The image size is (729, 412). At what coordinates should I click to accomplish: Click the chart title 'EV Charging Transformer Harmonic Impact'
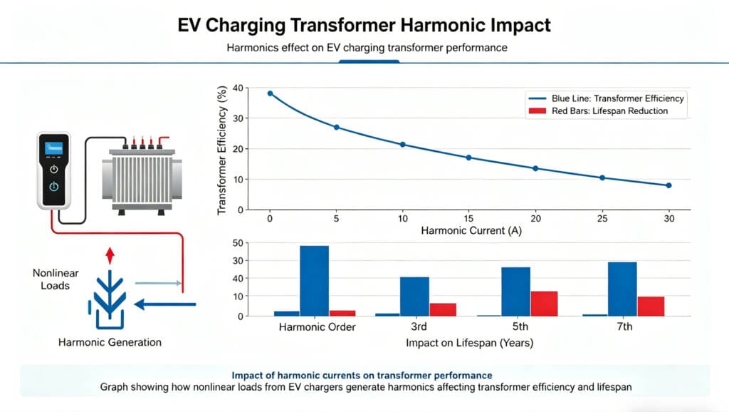click(x=364, y=25)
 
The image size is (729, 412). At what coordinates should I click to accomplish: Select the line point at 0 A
click(x=270, y=93)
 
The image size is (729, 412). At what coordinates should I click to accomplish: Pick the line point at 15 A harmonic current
click(x=468, y=158)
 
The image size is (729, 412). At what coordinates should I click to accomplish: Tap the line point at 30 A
click(x=668, y=185)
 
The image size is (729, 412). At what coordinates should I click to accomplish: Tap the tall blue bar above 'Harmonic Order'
click(x=314, y=280)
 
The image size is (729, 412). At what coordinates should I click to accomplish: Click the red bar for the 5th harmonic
click(x=544, y=303)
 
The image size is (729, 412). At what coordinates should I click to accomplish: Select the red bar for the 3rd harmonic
click(x=442, y=309)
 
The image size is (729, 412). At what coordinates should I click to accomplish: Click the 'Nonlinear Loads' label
click(x=51, y=279)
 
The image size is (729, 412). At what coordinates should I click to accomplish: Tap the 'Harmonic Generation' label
click(x=110, y=342)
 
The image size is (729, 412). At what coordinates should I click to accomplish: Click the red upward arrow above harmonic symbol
click(x=109, y=256)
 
